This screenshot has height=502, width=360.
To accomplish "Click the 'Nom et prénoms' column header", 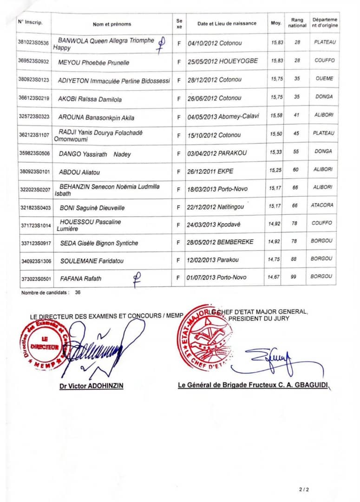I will pos(111,24).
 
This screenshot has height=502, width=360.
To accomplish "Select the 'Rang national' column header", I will pos(297,23).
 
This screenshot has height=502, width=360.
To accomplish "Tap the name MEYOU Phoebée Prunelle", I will pos(94,63).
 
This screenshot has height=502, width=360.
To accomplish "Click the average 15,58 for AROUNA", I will pos(276,114).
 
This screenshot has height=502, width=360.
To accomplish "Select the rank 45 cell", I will pos(297,133).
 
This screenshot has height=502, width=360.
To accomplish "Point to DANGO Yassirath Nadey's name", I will pos(95,154).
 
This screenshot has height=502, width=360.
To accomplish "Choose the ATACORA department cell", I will pos(323,205).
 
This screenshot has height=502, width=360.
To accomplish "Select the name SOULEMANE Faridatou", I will pos(92,261).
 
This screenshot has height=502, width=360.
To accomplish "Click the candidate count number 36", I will pos(78,293).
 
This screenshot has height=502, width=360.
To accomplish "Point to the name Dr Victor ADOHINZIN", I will pos(92,386).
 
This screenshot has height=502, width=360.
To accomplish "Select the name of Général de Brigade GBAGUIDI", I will pos(256,385).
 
